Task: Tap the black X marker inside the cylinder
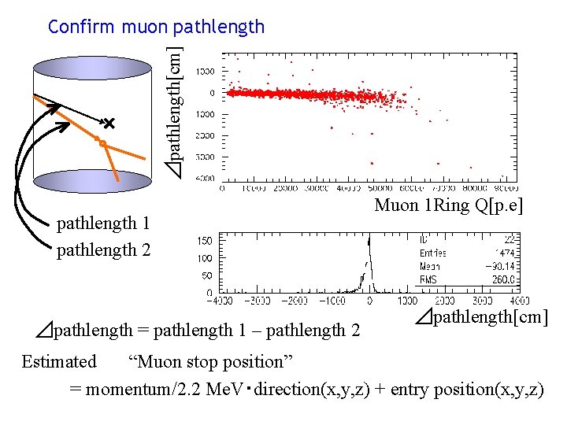click(109, 124)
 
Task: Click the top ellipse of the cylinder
click(93, 68)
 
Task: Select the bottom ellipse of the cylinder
click(93, 182)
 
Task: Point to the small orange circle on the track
click(101, 142)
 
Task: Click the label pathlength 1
click(103, 224)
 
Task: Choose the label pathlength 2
click(103, 250)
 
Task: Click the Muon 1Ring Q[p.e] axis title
click(449, 206)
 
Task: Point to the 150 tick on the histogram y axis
click(202, 241)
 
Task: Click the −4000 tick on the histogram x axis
click(222, 301)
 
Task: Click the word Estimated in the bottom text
click(58, 362)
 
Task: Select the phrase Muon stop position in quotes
click(210, 362)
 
